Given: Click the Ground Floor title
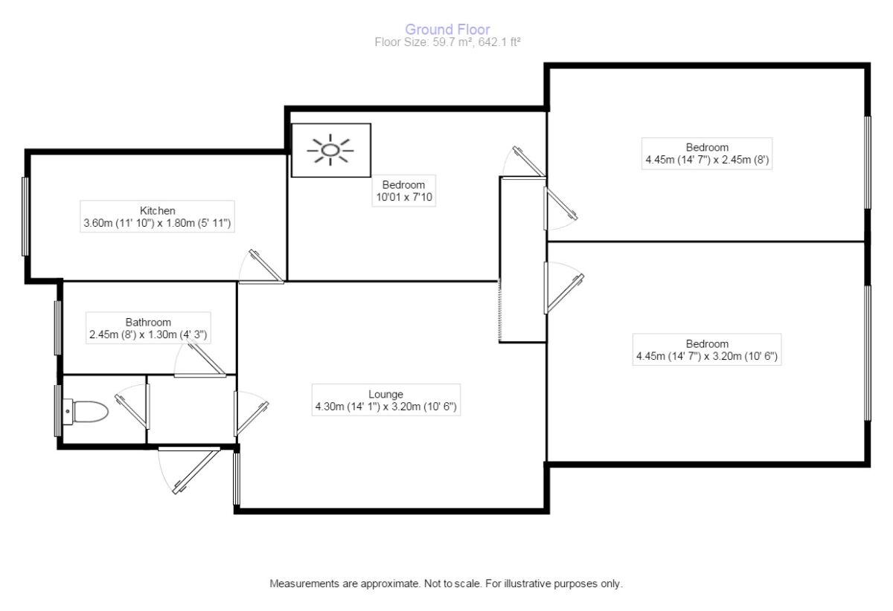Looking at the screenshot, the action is [x=447, y=30].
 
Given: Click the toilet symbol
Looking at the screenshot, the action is [x=88, y=410].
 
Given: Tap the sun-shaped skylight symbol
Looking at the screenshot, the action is [x=330, y=150].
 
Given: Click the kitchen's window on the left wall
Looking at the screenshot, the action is [x=26, y=216].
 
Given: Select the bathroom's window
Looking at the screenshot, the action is [x=58, y=327].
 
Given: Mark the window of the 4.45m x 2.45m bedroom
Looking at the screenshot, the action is [x=867, y=162].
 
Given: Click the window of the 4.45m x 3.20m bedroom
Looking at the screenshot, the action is [x=867, y=353].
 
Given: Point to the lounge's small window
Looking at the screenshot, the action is [x=237, y=479].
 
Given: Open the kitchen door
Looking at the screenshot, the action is [x=262, y=268].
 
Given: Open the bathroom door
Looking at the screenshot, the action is [x=201, y=364].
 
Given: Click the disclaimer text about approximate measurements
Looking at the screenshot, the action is [x=446, y=584].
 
